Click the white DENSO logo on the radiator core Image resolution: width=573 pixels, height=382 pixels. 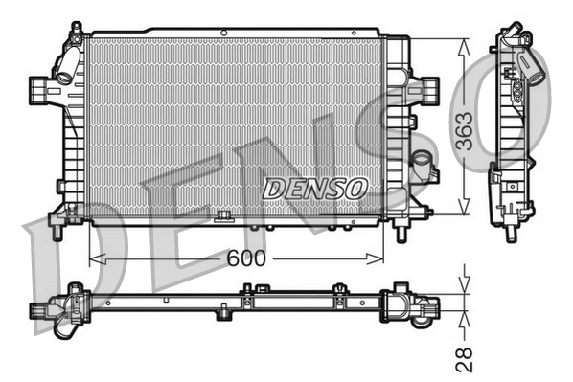click(x=314, y=189)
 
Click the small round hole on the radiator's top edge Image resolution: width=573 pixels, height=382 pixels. click(x=223, y=33)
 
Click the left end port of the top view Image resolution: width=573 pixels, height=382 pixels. click(x=39, y=309)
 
